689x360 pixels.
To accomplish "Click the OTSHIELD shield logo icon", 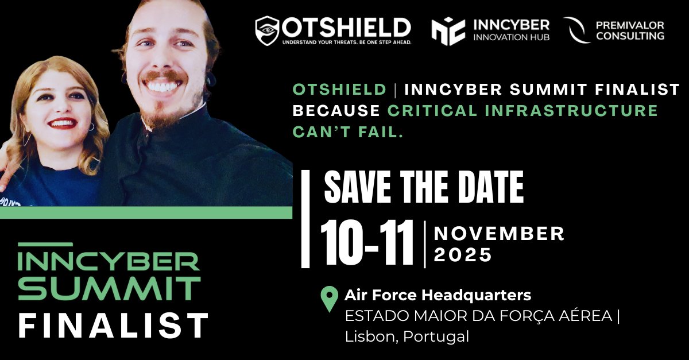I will (x=267, y=30).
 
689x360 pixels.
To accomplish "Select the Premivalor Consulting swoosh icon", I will (x=576, y=30).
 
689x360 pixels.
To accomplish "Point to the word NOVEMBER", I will (x=499, y=234).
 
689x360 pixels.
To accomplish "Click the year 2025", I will (x=463, y=254).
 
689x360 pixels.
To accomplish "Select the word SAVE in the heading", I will (x=356, y=187).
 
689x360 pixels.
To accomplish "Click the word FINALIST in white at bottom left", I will (x=113, y=326).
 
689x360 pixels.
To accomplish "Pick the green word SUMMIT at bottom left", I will (x=109, y=288).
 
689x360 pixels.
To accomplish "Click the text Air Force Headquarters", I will (x=438, y=296).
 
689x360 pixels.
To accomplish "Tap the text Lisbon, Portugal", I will (x=407, y=336).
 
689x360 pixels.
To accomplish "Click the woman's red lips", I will (x=63, y=123).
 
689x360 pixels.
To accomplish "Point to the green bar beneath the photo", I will (x=146, y=212).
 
